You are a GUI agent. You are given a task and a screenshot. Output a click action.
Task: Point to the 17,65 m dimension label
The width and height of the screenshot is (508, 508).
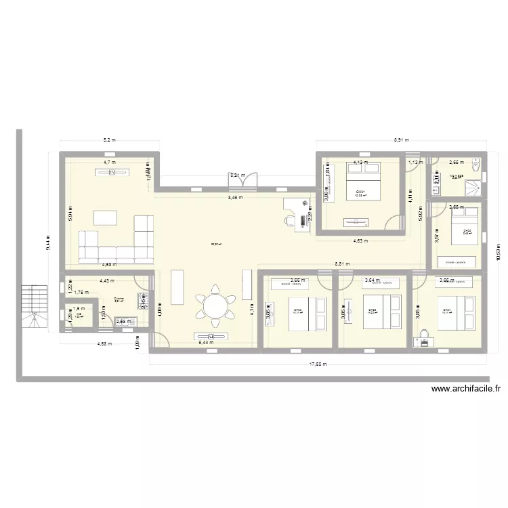(x=318, y=364)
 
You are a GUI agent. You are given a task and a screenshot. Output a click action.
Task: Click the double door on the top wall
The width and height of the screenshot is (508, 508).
(x=244, y=181)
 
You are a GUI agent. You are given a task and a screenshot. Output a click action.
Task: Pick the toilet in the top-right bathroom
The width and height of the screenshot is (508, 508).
(x=476, y=163)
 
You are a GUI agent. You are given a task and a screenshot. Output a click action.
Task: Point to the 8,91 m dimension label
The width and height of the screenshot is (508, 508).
(x=402, y=141)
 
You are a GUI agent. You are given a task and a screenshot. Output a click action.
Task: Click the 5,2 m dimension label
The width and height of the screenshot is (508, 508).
(x=109, y=141)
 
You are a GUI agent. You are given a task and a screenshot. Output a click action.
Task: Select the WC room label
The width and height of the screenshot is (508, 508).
(x=79, y=316)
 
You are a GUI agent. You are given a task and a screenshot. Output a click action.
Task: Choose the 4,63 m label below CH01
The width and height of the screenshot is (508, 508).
(x=360, y=240)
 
